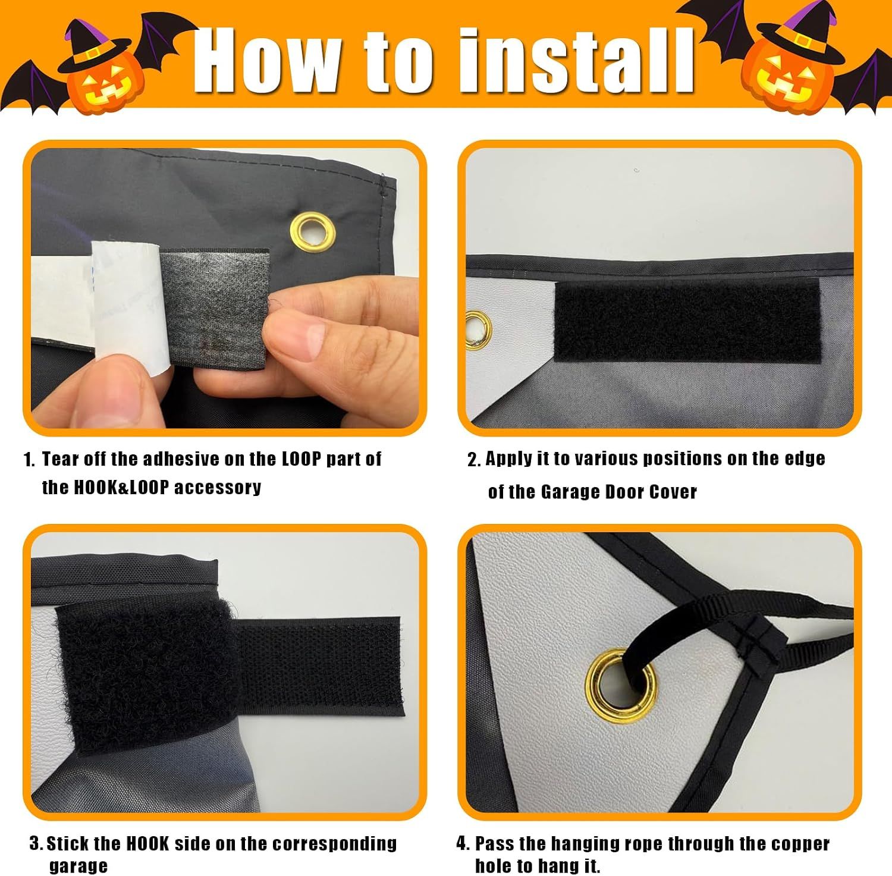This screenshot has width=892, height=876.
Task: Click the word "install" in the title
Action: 577,61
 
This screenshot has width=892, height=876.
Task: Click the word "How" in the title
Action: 268,61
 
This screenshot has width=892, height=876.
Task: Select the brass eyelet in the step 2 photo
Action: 478,329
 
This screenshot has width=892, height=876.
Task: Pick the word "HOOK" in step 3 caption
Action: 147,843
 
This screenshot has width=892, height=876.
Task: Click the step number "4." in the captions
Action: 463,843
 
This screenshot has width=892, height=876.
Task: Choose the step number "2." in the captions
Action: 474,460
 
